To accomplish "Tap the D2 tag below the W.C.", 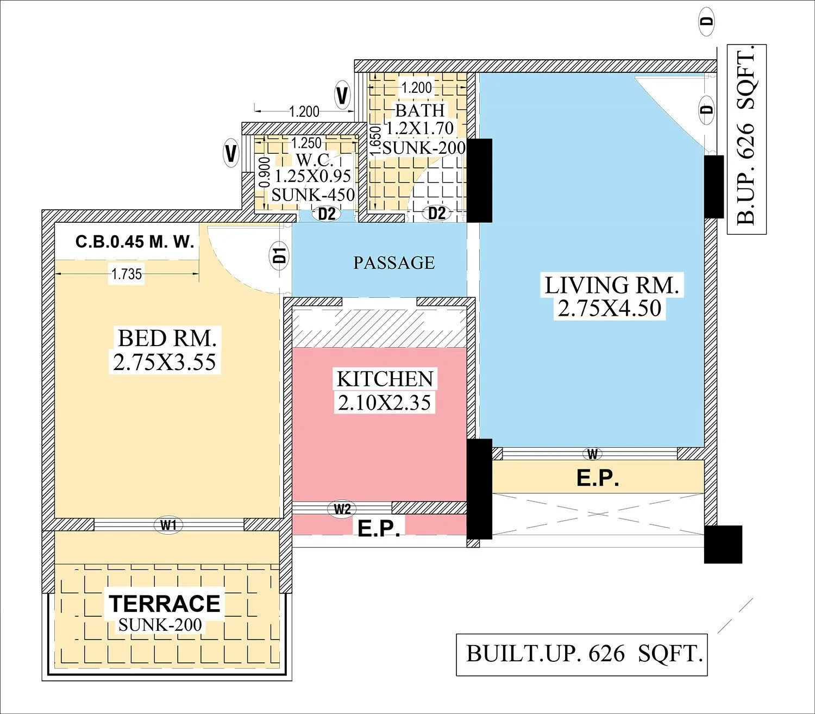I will [327, 214].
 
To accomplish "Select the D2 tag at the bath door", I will [437, 213].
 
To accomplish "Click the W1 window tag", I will [168, 525].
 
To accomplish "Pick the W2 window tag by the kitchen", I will [342, 509].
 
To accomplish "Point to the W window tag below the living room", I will [592, 454].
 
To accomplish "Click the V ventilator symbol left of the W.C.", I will [231, 153].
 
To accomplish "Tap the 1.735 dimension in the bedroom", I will [127, 274].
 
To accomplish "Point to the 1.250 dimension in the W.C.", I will [306, 143].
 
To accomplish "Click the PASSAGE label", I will [394, 263].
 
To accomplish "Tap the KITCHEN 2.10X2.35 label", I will [385, 391].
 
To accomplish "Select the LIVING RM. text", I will [612, 286].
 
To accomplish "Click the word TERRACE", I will [165, 603].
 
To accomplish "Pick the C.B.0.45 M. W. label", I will [135, 242].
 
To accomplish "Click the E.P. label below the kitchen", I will [379, 529].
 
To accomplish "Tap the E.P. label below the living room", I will [598, 478].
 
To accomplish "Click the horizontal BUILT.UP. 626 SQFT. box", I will [581, 654].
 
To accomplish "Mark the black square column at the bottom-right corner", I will [723, 544].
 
